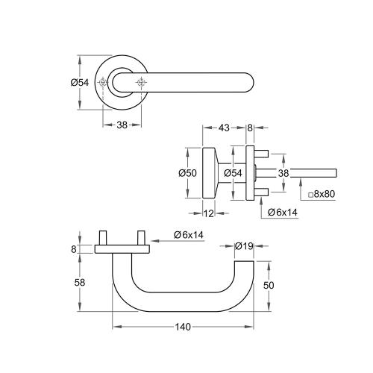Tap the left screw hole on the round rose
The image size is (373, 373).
103,82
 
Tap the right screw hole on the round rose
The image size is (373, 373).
140,82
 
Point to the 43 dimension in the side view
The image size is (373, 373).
224,128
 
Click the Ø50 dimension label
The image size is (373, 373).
187,173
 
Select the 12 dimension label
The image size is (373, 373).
210,214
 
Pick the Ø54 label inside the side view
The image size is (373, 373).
233,173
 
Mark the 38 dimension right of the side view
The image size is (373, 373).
283,172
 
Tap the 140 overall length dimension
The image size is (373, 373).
183,327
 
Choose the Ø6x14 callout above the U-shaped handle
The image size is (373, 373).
189,234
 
